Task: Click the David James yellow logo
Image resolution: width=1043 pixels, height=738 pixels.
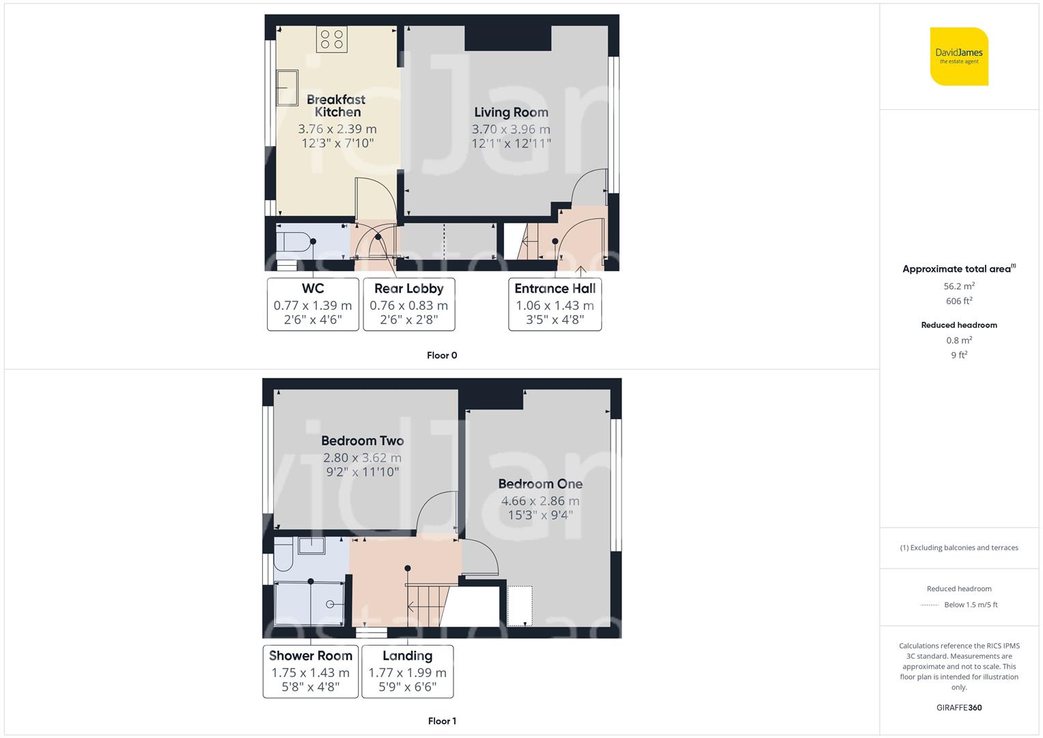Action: [959, 57]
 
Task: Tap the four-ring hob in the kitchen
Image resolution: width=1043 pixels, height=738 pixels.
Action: [332, 39]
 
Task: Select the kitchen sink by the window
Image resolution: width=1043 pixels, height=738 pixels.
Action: [287, 87]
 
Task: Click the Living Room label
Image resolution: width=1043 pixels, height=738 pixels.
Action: [511, 112]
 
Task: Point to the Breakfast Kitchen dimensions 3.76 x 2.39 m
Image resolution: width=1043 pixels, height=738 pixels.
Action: [337, 128]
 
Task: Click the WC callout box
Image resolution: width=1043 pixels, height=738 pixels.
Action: [313, 304]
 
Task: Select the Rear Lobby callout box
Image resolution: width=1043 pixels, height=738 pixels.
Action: [408, 304]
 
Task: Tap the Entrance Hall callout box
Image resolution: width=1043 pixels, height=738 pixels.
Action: [555, 304]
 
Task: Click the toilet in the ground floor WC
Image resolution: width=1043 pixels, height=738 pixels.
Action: [292, 242]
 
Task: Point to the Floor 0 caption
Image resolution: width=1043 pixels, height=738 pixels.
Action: [442, 355]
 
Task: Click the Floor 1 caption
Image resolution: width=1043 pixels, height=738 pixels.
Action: [442, 721]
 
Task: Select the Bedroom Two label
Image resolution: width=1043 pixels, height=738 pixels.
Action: [363, 441]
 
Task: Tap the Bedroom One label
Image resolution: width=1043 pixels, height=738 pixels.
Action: [540, 484]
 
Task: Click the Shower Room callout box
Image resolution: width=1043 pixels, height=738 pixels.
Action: [311, 671]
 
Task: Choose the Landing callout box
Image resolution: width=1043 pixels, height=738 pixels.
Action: [407, 671]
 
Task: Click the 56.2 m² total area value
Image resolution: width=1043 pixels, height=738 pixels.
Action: [959, 286]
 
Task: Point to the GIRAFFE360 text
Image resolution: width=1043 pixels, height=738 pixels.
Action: [959, 707]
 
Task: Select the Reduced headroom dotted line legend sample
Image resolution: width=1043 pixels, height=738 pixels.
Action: [930, 605]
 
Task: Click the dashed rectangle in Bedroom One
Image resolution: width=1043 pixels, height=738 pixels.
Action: [520, 605]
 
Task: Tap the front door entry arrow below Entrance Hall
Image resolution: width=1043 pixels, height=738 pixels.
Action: [581, 272]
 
